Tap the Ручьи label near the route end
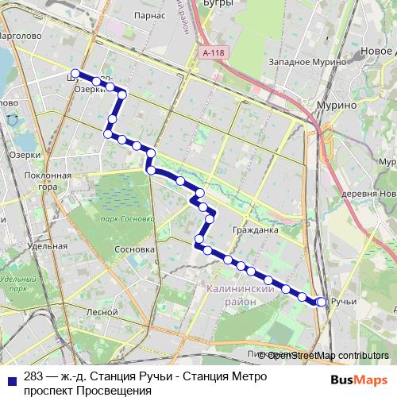tap(345, 302)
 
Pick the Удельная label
tap(46, 246)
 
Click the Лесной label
tap(102, 312)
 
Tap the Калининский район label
tap(241, 296)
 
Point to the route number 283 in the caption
tap(34, 376)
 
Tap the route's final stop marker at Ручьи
tap(322, 302)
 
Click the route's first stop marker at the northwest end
tap(75, 72)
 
